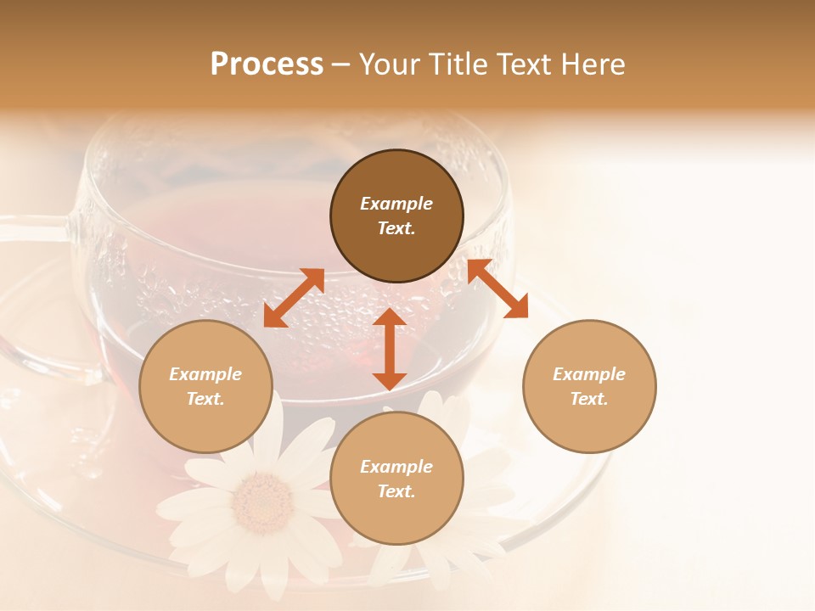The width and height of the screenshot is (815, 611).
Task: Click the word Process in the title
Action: click(267, 64)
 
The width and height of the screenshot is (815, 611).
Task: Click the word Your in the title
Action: click(387, 64)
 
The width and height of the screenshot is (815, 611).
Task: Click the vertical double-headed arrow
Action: click(390, 349)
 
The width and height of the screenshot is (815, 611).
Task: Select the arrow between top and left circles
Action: click(294, 298)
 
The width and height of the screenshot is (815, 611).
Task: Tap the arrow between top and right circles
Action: click(497, 289)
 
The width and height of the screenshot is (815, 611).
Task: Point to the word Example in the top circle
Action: click(396, 204)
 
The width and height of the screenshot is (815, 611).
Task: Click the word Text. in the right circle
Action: click(589, 399)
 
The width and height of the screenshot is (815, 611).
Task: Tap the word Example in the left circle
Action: click(205, 374)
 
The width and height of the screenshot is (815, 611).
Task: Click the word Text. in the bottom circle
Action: click(396, 491)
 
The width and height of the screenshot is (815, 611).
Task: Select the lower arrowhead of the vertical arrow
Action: click(390, 379)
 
